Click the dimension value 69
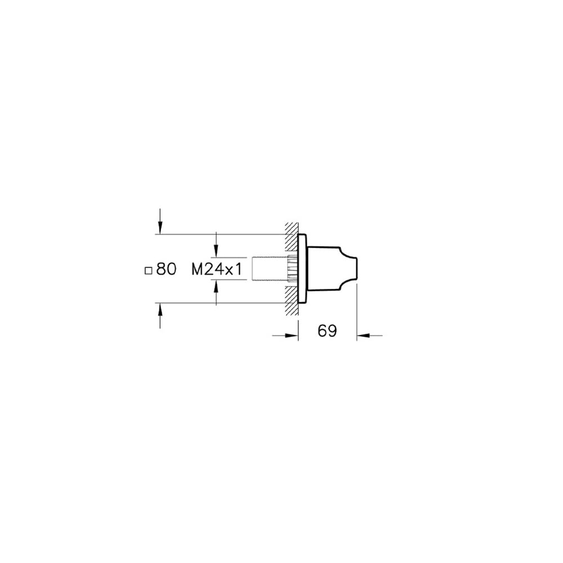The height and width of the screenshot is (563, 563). pyautogui.click(x=327, y=331)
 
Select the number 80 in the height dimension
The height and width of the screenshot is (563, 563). pyautogui.click(x=166, y=270)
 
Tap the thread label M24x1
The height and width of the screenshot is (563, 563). pyautogui.click(x=217, y=270)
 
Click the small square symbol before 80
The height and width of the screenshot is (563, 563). pyautogui.click(x=149, y=270)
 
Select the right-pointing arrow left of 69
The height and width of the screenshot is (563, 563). pyautogui.click(x=291, y=336)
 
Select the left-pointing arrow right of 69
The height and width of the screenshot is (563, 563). pyautogui.click(x=364, y=336)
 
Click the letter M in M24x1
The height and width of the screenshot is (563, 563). pyautogui.click(x=198, y=270)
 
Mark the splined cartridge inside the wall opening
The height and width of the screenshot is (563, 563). pyautogui.click(x=292, y=269)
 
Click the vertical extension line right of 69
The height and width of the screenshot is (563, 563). pyautogui.click(x=357, y=310)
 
